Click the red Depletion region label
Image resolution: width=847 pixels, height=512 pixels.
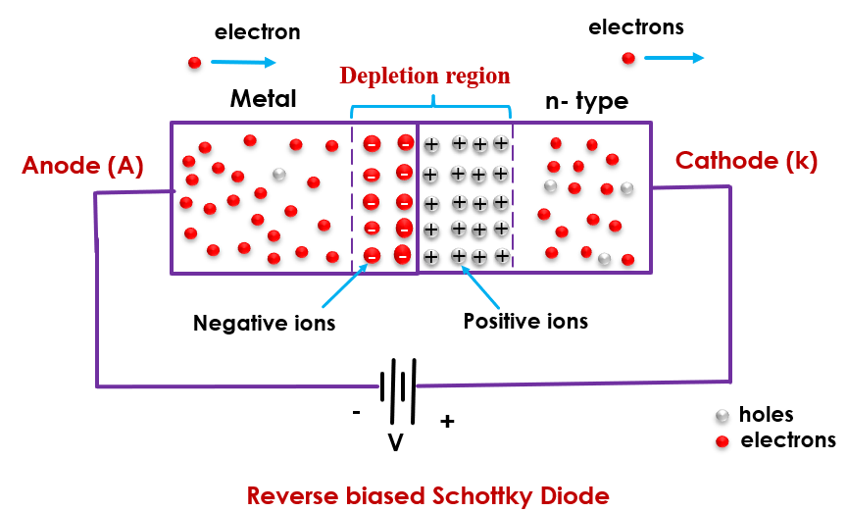coord(424,76)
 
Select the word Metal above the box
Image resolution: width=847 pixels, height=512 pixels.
coord(263,99)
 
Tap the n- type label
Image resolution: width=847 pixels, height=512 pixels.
coord(586,101)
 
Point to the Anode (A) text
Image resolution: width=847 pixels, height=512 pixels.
coord(83,166)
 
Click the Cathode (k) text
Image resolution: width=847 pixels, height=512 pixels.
coord(746,162)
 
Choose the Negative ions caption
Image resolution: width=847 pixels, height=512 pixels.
coord(264,323)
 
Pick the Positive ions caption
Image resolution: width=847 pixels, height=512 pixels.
coord(525,321)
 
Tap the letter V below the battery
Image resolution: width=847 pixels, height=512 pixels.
coord(395,443)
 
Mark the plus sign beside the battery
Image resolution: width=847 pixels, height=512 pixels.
coord(447,422)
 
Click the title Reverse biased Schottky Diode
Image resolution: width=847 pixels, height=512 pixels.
coord(427,495)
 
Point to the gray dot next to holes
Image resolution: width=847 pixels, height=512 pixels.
coord(722,416)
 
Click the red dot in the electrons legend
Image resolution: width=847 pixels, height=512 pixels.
coord(722,441)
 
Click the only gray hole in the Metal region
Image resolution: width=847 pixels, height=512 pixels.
coord(278,175)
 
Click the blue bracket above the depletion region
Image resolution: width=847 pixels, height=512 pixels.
coord(431,100)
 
